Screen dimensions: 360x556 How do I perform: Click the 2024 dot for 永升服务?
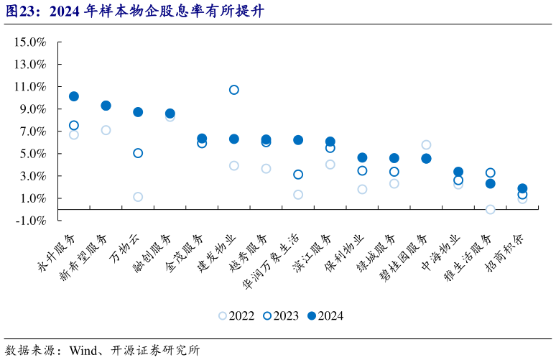tap(74, 96)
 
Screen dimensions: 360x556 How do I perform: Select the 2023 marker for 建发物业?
tap(233, 90)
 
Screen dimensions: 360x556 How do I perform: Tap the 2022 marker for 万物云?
tap(138, 197)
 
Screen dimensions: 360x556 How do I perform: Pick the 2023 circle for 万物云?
tap(138, 153)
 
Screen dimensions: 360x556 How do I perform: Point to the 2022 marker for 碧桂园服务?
tap(426, 144)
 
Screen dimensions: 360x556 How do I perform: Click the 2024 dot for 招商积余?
tap(522, 188)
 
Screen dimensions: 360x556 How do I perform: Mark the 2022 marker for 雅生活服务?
tap(490, 210)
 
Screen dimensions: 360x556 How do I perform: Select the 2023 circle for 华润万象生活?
tap(298, 175)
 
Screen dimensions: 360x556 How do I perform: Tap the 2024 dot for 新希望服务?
tap(106, 106)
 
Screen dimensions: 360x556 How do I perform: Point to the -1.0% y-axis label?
tap(29, 221)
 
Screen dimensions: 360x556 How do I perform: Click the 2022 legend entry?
tap(237, 315)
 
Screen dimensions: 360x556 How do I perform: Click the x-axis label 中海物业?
tap(443, 251)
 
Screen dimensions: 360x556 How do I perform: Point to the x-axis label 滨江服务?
tap(315, 251)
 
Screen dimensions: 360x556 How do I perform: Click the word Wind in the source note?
tap(83, 351)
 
